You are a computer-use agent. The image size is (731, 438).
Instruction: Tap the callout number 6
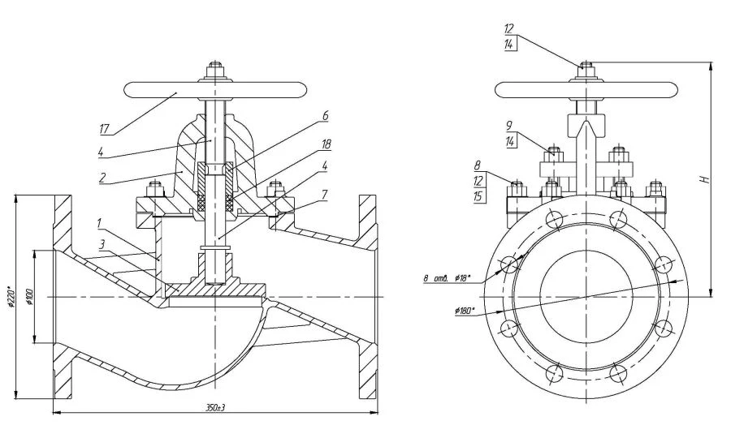[x=325, y=116]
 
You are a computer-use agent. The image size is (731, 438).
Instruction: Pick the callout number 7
[x=326, y=194]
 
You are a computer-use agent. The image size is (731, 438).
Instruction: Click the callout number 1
[x=100, y=221]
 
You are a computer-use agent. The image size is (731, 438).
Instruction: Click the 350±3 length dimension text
[x=214, y=407]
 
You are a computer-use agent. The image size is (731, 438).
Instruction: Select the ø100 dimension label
[x=29, y=297]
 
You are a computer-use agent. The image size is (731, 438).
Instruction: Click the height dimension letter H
[x=707, y=179]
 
